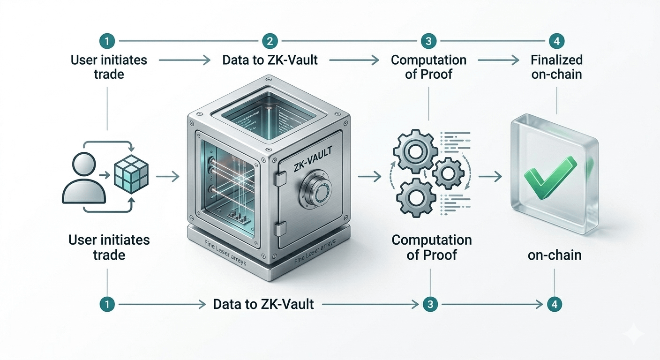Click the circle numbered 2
[x=270, y=41]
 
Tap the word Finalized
[x=556, y=60]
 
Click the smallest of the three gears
[x=448, y=172]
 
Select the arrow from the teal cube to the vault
[x=168, y=177]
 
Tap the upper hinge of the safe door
[x=280, y=177]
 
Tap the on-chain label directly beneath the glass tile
[x=554, y=255]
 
